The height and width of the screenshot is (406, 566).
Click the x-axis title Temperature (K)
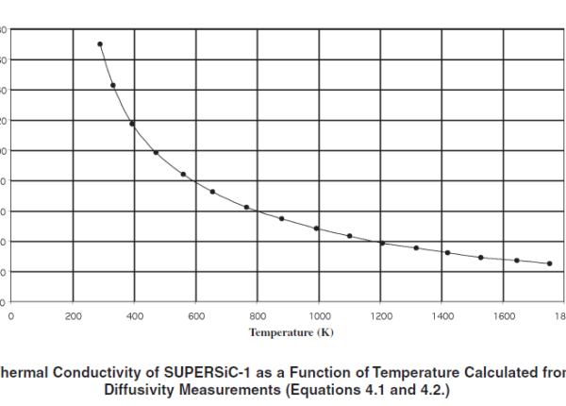point(291,332)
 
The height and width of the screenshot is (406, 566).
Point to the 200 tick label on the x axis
point(72,315)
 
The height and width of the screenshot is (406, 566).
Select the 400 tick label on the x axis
point(134,315)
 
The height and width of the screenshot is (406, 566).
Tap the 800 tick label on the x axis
point(258,315)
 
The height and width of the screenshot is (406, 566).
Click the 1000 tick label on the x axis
point(319,315)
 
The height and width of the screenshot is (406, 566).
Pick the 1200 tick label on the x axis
point(380,315)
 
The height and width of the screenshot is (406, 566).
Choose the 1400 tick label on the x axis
point(442,315)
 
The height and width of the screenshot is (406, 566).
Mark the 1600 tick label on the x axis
point(504,315)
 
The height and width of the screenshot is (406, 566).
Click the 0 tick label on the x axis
point(10,315)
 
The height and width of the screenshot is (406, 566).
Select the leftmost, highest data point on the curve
point(100,44)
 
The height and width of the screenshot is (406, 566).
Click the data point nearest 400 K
point(132,124)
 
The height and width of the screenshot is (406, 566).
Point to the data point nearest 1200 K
point(382,244)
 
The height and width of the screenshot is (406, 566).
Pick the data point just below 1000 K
point(316,228)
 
